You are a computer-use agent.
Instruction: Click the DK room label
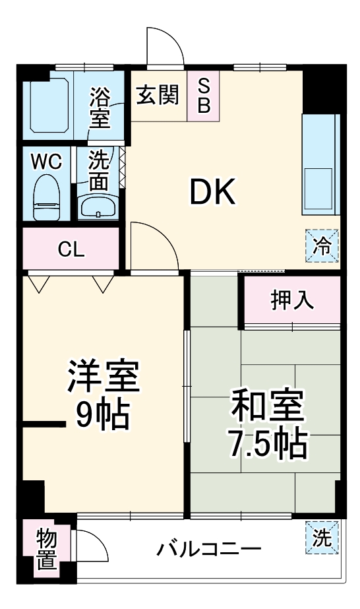pyautogui.click(x=212, y=192)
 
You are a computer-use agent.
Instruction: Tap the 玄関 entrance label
pyautogui.click(x=158, y=96)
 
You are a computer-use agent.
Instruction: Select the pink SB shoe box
pyautogui.click(x=204, y=96)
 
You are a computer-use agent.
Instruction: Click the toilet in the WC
pyautogui.click(x=47, y=197)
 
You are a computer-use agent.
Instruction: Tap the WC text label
pyautogui.click(x=46, y=161)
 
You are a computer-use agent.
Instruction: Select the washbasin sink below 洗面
pyautogui.click(x=98, y=207)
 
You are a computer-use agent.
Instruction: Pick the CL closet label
pyautogui.click(x=71, y=249)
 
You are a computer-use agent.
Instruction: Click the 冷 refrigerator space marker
pyautogui.click(x=322, y=245)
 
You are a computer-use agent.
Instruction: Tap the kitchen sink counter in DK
pyautogui.click(x=320, y=164)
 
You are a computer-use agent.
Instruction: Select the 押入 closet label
pyautogui.click(x=291, y=300)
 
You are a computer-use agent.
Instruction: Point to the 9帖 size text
pyautogui.click(x=102, y=414)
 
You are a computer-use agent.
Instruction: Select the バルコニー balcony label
pyautogui.click(x=210, y=549)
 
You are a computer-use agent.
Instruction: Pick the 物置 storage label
pyautogui.click(x=47, y=549)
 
